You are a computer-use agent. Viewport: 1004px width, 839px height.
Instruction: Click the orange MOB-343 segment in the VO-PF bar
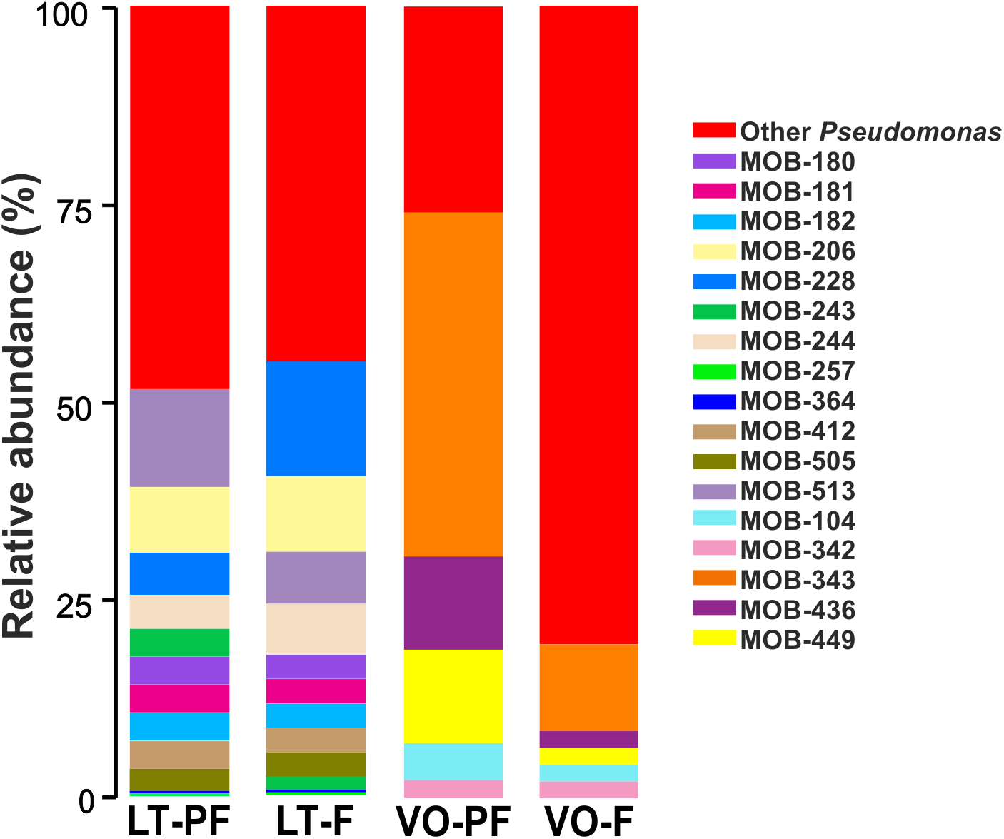453,384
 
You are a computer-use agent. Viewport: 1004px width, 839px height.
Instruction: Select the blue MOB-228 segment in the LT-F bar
316,418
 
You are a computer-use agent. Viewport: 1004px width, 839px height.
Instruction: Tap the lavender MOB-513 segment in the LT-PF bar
179,438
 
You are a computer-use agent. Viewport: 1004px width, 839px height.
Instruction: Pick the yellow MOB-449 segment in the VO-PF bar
453,696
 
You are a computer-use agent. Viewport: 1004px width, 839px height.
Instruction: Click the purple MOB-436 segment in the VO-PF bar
453,603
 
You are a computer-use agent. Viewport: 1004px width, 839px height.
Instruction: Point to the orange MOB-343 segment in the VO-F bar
588,688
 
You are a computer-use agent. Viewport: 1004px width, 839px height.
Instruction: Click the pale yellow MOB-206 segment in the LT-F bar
316,513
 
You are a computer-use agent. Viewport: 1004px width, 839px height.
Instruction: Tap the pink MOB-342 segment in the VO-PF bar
453,788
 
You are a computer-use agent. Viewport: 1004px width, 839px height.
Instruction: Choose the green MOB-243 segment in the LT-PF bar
179,643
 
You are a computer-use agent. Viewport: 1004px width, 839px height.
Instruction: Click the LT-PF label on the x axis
179,821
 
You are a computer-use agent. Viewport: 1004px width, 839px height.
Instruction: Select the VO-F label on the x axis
588,821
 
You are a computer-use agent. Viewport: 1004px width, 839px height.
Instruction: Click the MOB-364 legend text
797,401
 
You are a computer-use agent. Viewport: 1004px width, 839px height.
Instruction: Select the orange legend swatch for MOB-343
713,579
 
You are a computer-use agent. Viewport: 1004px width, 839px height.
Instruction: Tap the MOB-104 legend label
797,521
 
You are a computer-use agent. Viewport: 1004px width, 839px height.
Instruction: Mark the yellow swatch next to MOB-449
713,639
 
